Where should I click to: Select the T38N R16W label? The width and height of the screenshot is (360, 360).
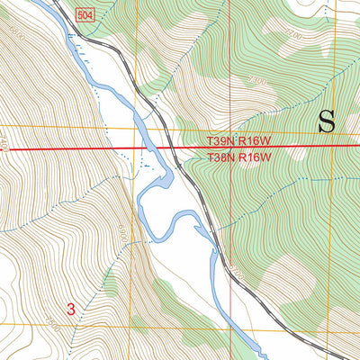click(238, 157)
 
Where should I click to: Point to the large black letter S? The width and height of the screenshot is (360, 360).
click(328, 121)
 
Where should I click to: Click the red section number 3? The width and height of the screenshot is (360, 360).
click(70, 309)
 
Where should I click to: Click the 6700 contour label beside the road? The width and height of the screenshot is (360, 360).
click(236, 268)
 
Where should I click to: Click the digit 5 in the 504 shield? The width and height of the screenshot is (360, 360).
click(80, 17)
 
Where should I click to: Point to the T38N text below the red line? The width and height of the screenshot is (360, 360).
click(221, 157)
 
